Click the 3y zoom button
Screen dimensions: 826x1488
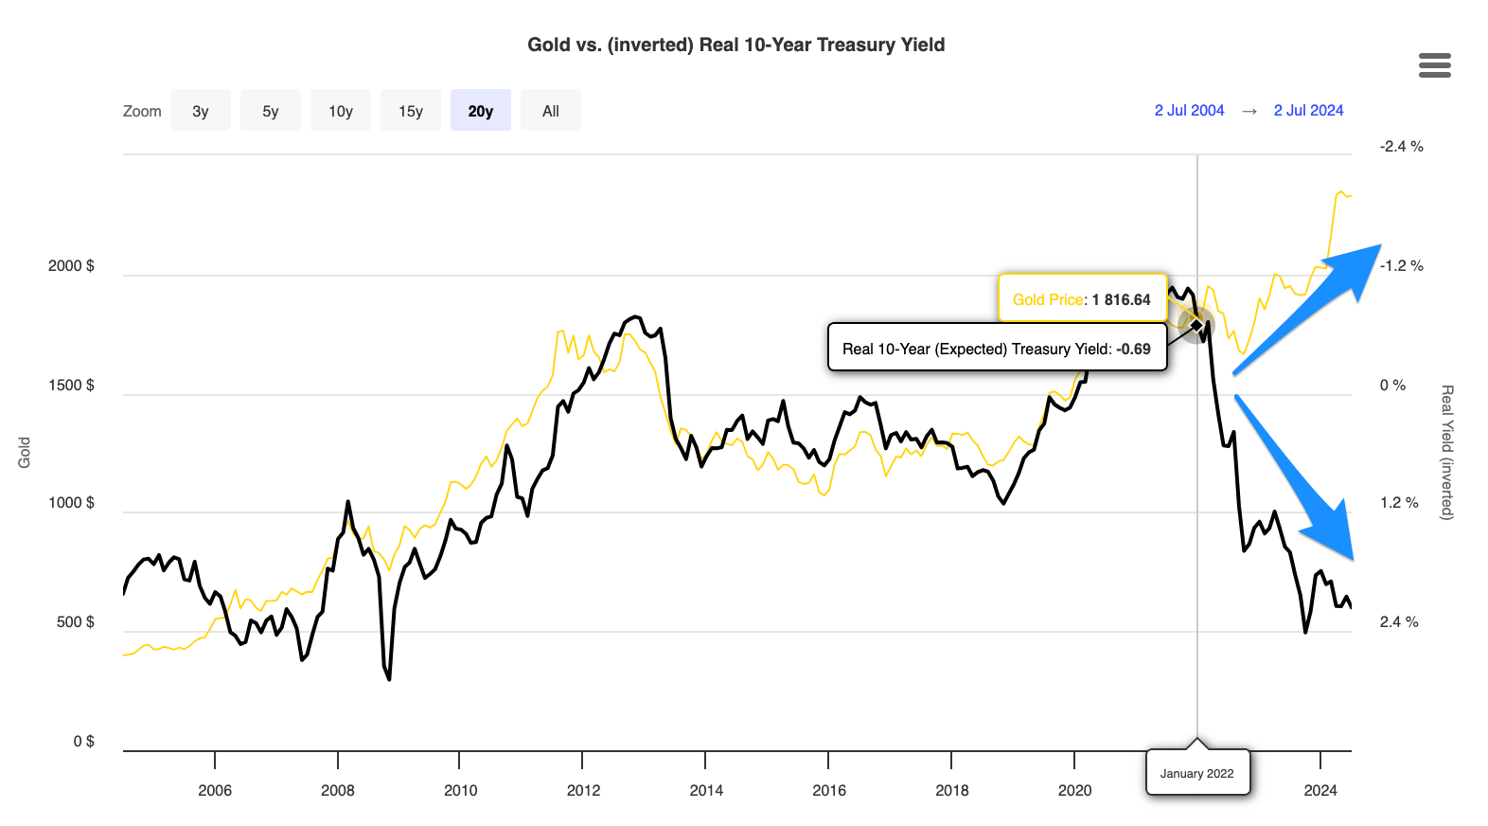(201, 111)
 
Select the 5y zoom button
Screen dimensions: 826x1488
(271, 111)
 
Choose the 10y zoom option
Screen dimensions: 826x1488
(341, 111)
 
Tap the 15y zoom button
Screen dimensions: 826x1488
(411, 111)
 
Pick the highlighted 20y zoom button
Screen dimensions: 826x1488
(481, 111)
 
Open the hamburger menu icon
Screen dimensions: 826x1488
(1434, 65)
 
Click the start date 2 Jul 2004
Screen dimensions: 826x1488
(1189, 111)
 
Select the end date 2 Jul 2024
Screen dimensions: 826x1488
(1308, 111)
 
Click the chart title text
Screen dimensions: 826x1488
(735, 45)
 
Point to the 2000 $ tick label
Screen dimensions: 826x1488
(71, 266)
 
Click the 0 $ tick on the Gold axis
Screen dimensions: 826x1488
(83, 742)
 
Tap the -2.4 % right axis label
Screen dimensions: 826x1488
(1401, 147)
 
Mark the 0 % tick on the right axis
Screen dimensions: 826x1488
(1392, 386)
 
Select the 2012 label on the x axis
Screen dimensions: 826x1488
(583, 791)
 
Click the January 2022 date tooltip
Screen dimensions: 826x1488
(1197, 773)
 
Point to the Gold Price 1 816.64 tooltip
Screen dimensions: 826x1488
(1082, 299)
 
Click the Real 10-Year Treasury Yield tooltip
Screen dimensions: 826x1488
(997, 349)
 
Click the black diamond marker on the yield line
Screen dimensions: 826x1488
(1196, 326)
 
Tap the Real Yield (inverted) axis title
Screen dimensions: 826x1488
(1446, 452)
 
